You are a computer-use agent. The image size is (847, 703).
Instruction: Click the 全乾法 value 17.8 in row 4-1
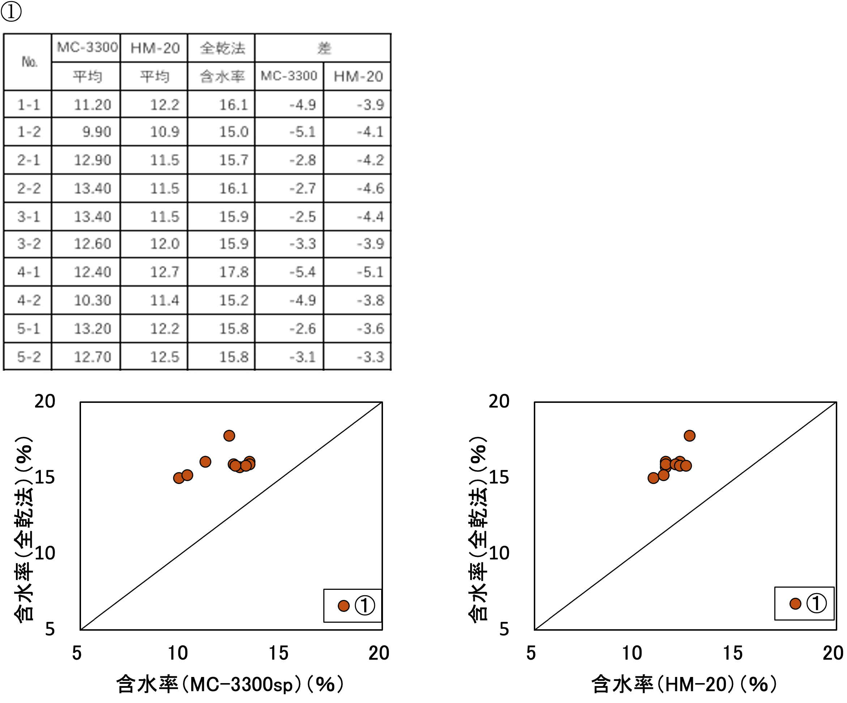tap(233, 272)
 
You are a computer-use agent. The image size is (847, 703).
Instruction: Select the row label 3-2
tap(29, 244)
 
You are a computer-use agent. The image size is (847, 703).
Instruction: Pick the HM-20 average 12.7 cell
tap(164, 272)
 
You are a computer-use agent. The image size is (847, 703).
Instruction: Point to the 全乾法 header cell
tap(222, 48)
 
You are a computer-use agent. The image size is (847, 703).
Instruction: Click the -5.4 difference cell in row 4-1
tap(302, 272)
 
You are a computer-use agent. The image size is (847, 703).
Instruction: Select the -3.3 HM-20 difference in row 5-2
tap(370, 357)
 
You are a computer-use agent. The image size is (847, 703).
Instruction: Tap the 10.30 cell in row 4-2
tap(92, 301)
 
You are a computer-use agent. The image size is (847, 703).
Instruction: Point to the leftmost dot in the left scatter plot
tap(179, 478)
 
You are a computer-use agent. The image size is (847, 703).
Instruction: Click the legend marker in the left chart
tap(344, 605)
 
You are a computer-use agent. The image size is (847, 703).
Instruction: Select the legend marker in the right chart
tap(795, 604)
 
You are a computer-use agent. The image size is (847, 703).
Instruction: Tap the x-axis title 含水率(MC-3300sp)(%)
tap(230, 684)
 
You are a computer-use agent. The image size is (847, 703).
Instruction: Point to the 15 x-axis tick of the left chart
tap(278, 653)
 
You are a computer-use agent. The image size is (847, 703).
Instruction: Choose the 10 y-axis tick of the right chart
tap(499, 553)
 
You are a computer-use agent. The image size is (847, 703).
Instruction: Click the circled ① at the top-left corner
tap(11, 11)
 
